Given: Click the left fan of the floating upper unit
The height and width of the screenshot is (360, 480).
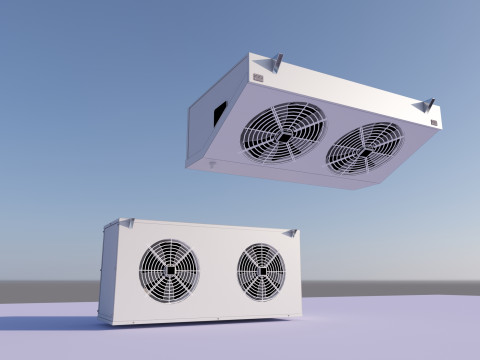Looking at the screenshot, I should (x=284, y=132).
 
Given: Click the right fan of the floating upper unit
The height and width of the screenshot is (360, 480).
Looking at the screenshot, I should (x=364, y=147).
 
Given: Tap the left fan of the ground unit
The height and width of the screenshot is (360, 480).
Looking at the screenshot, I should (x=169, y=270).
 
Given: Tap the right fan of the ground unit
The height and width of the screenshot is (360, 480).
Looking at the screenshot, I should (x=261, y=272).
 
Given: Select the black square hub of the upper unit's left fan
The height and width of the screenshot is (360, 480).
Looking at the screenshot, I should (x=285, y=133).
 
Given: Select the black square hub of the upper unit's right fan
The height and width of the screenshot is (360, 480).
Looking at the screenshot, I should (x=365, y=148).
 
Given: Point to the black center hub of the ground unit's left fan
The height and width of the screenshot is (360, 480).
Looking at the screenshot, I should (x=169, y=270).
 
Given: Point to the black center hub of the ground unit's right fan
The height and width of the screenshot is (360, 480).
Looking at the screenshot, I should (x=261, y=272).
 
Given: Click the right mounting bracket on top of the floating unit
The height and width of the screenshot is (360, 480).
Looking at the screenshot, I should (x=427, y=105).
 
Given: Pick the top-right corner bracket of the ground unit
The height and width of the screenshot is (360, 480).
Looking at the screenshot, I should (x=291, y=232).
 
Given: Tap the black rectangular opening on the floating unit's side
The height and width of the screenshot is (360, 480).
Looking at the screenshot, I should (x=220, y=112).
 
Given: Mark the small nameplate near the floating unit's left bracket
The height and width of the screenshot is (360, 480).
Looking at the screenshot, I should (x=258, y=77).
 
